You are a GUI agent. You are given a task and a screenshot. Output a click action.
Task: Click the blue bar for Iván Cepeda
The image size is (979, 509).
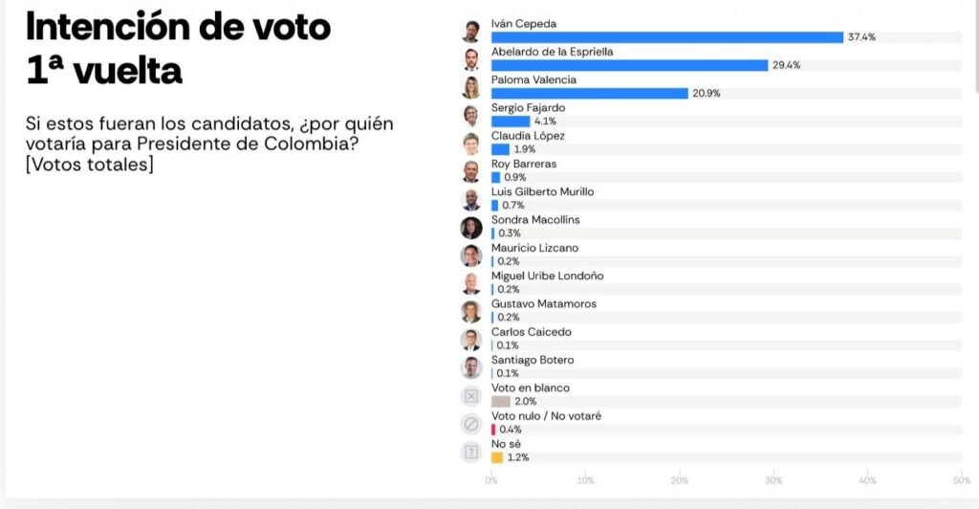[666, 37]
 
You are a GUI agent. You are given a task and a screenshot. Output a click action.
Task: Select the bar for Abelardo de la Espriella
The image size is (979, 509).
[629, 65]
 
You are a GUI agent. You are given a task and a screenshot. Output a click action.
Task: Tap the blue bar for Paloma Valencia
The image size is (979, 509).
[589, 93]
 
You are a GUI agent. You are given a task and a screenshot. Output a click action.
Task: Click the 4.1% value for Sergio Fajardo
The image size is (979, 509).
[545, 122]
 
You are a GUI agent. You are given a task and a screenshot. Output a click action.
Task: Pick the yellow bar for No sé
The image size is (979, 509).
[496, 457]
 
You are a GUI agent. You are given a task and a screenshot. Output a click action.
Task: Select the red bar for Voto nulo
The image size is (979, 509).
[493, 430]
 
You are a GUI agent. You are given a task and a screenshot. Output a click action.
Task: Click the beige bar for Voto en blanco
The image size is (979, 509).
[500, 402]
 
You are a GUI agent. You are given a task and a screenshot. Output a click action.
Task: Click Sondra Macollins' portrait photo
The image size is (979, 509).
[470, 228]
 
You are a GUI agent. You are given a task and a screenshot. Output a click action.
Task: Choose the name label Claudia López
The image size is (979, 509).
[528, 136]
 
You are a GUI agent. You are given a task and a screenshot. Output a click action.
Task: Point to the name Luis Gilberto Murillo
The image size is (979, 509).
[542, 191]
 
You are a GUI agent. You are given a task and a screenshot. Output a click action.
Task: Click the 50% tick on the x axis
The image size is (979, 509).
[961, 480]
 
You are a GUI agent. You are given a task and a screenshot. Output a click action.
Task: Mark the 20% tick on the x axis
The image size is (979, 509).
[679, 480]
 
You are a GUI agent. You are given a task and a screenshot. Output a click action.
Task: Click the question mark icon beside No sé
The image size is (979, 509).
[470, 452]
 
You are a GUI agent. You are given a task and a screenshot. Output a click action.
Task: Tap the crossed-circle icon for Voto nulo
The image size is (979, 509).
[470, 424]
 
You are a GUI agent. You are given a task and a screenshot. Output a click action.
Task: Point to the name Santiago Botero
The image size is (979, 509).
[532, 360]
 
